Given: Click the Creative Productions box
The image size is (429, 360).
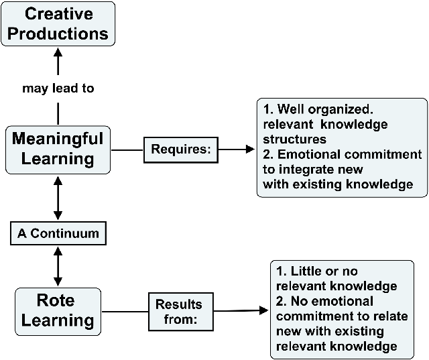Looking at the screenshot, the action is point(58,24).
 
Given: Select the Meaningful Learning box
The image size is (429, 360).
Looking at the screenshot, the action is point(58,150).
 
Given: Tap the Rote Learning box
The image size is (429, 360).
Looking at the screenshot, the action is point(58,312).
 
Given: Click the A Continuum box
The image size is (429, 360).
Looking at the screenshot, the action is point(58,233).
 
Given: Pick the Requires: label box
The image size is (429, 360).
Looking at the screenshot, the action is point(181,150).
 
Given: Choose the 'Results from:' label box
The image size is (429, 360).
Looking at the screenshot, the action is point(181,312).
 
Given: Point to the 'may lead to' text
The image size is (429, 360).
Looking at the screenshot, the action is point(58,88).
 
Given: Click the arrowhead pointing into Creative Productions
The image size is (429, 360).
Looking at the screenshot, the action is point(58,52).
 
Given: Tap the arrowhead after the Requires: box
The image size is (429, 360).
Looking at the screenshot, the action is point(250,149).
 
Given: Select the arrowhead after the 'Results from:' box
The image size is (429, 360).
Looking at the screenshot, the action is point(263,310).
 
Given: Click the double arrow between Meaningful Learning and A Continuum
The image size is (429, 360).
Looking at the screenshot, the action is point(58,198).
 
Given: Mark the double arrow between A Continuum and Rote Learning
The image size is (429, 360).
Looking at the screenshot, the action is point(58,266).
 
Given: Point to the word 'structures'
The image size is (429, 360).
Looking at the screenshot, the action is point(295,139).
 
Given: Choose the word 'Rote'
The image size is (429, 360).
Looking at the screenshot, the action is point(56,300).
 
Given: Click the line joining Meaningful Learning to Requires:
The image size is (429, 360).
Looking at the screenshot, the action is point(127,150).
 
